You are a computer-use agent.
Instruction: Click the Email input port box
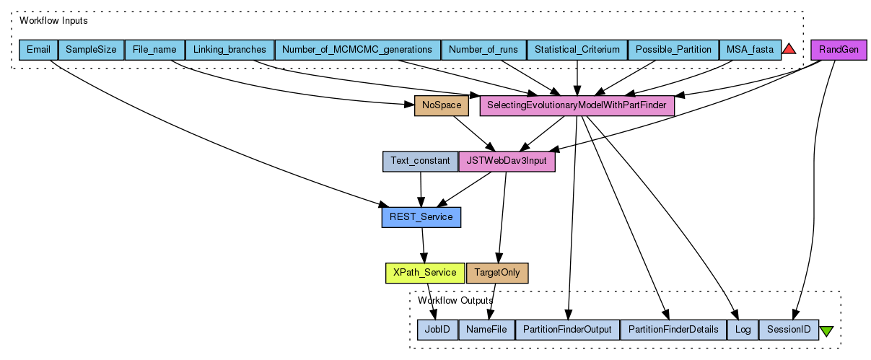tap(38, 50)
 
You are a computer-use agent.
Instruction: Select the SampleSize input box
tap(91, 50)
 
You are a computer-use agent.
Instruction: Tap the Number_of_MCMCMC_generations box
tap(357, 50)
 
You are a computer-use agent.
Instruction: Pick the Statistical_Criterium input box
tap(577, 50)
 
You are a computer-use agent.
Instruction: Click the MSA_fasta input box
tap(750, 50)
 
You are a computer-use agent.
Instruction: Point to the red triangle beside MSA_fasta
tap(789, 49)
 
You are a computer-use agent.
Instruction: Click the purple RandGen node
tap(839, 50)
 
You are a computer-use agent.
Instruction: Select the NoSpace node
tap(442, 106)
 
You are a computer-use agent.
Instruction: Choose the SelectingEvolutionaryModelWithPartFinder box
tap(577, 106)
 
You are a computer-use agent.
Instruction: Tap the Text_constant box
tap(420, 161)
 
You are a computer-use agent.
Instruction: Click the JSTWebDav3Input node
tap(507, 161)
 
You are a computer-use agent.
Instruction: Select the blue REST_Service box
tap(421, 216)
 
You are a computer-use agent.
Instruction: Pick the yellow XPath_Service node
tap(425, 273)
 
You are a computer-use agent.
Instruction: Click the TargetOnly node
tap(497, 273)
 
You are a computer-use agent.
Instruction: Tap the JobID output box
tap(437, 330)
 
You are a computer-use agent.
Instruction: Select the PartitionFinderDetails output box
tap(673, 330)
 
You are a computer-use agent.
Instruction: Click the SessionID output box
tap(789, 330)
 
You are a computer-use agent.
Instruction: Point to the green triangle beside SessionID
tap(827, 330)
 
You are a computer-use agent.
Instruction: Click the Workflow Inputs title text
tap(53, 21)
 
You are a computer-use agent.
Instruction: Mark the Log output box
tap(743, 330)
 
